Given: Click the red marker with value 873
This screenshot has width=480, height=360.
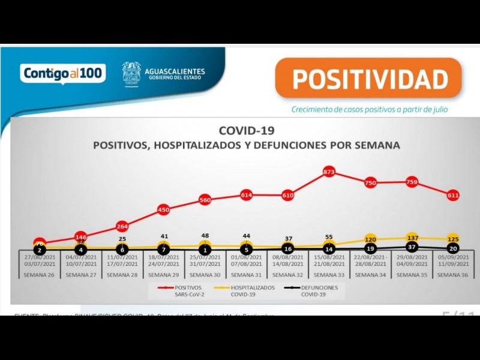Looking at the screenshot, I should pyautogui.click(x=329, y=172).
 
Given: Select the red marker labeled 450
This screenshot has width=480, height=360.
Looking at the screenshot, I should pyautogui.click(x=163, y=209).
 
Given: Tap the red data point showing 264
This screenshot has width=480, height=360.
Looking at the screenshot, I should pyautogui.click(x=122, y=226).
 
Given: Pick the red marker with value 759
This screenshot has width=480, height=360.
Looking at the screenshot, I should pyautogui.click(x=412, y=182).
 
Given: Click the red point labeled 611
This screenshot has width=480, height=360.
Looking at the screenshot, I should pyautogui.click(x=453, y=195).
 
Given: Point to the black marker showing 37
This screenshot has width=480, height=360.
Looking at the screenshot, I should pyautogui.click(x=412, y=247).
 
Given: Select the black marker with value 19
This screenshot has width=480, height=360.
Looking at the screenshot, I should pyautogui.click(x=370, y=248).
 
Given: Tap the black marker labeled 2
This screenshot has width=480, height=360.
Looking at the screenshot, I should pyautogui.click(x=40, y=250).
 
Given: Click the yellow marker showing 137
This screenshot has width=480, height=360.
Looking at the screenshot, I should pyautogui.click(x=412, y=238).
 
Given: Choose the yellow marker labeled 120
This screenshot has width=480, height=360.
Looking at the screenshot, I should pyautogui.click(x=370, y=239).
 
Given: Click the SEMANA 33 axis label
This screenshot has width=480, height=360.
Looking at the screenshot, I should pyautogui.click(x=329, y=275).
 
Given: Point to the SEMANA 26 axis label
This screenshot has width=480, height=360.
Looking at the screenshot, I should pyautogui.click(x=40, y=275).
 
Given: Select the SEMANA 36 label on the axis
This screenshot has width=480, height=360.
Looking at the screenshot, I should pyautogui.click(x=453, y=275).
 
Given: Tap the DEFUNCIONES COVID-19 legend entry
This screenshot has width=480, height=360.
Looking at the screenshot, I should pyautogui.click(x=316, y=291).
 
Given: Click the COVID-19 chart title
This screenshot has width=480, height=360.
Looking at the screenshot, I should pyautogui.click(x=246, y=131).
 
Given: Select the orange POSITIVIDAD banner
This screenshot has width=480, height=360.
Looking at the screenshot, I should pyautogui.click(x=368, y=79).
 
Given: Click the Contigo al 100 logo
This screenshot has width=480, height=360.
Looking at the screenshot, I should pyautogui.click(x=63, y=73).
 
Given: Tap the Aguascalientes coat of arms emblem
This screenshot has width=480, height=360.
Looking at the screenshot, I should pyautogui.click(x=131, y=74).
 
